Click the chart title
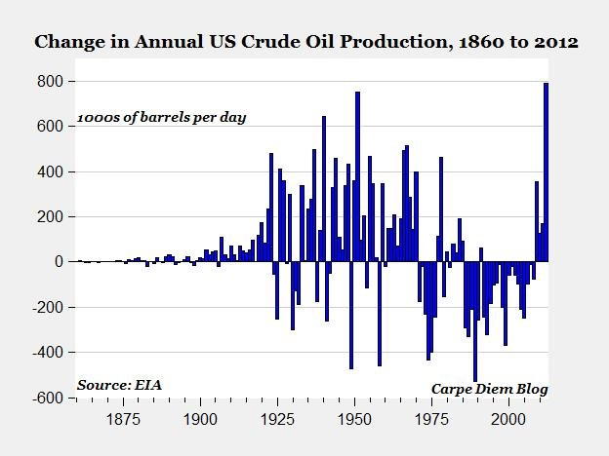[x=305, y=43]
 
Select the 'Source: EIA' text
[x=119, y=384]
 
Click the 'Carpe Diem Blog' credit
[x=489, y=389]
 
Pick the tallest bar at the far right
[x=546, y=171]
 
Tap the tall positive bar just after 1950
[x=358, y=176]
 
